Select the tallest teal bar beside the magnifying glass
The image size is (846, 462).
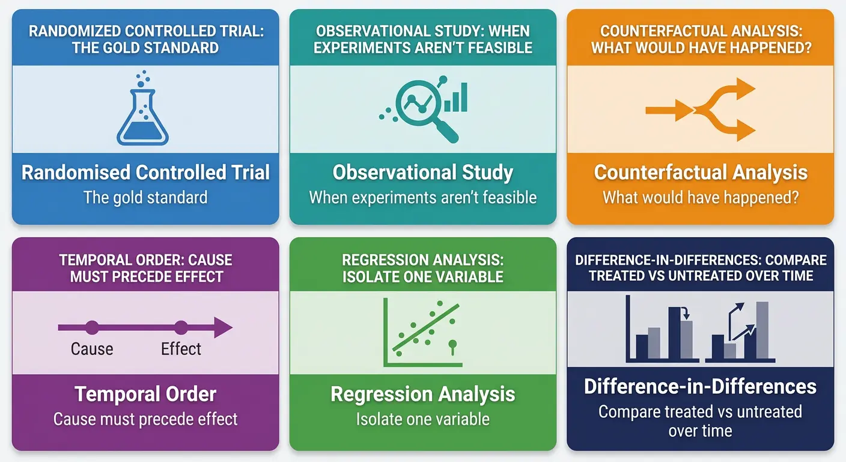tap(463, 97)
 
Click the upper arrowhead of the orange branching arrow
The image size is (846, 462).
tap(745, 90)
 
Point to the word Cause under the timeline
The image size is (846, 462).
tap(92, 349)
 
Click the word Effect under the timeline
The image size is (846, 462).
tap(181, 349)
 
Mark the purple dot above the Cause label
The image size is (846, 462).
tap(92, 328)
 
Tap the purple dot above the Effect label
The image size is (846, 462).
tap(181, 328)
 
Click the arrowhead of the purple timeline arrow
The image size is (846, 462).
tap(223, 328)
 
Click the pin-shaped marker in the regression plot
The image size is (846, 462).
tap(453, 345)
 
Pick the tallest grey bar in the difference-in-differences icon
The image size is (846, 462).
tap(762, 330)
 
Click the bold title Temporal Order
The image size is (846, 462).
tap(145, 395)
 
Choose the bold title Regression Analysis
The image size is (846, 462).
tap(423, 395)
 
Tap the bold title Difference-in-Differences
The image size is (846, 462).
tap(700, 386)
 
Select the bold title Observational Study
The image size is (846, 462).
tap(423, 173)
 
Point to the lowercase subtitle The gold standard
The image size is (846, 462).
tap(145, 197)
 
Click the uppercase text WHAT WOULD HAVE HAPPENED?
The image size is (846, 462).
tap(701, 48)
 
